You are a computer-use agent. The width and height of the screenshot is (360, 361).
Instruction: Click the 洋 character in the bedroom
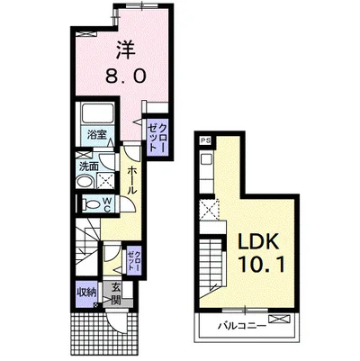pyautogui.click(x=125, y=50)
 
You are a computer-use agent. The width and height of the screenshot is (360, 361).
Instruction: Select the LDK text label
pyautogui.click(x=258, y=240)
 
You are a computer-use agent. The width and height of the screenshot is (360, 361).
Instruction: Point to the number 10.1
pyautogui.click(x=261, y=265)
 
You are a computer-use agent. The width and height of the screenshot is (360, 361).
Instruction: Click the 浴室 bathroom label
pyautogui.click(x=97, y=134)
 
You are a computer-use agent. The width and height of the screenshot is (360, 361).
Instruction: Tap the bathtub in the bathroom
pyautogui.click(x=98, y=113)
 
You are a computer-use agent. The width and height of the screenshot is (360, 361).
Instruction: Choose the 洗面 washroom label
pyautogui.click(x=89, y=167)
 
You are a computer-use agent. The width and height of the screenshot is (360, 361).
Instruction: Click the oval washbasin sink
pyautogui.click(x=85, y=182)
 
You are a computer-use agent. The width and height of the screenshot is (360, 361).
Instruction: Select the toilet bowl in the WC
pyautogui.click(x=91, y=204)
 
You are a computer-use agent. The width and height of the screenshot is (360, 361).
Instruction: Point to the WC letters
pyautogui.click(x=108, y=204)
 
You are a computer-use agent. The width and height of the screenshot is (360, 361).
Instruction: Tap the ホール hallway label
pyautogui.click(x=132, y=180)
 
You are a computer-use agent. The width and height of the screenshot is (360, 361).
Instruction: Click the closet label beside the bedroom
pyautogui.click(x=157, y=138)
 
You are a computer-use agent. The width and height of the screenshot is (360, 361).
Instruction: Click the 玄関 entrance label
pyautogui.click(x=116, y=293)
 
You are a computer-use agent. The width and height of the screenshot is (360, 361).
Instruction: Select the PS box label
pyautogui.click(x=205, y=140)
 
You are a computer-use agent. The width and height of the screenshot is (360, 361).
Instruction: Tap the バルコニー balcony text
pyautogui.click(x=242, y=326)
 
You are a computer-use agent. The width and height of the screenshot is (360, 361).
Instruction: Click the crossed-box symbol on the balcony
pyautogui.click(x=280, y=319)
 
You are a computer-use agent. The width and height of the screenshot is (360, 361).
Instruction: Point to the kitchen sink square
pyautogui.click(x=207, y=158)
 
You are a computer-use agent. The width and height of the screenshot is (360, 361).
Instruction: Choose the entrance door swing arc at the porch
pyautogui.click(x=117, y=325)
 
